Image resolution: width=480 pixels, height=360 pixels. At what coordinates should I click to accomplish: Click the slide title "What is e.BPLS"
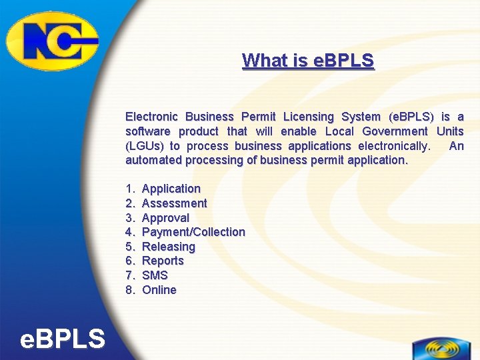tap(308, 61)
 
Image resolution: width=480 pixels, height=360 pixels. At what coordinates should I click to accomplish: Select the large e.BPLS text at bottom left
tap(63, 339)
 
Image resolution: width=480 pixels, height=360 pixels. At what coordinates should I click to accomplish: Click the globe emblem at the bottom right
tap(441, 349)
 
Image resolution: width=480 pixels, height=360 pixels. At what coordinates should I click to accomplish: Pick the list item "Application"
tap(171, 189)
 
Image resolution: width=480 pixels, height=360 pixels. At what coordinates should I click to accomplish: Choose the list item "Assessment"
tap(175, 203)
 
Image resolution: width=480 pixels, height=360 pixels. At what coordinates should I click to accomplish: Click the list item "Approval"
tap(166, 218)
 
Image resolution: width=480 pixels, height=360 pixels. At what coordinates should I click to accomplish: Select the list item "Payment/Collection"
tap(193, 232)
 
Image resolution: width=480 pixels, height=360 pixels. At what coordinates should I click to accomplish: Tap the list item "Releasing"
tap(169, 247)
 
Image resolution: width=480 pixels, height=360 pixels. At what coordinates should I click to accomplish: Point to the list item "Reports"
tap(163, 261)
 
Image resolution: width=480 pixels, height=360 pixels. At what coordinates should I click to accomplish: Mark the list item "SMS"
tap(155, 275)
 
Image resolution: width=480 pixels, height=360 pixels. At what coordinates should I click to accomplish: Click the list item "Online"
tap(159, 290)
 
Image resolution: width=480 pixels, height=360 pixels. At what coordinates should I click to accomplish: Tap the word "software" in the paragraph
tap(149, 131)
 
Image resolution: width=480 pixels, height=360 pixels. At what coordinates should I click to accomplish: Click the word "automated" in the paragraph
tap(153, 160)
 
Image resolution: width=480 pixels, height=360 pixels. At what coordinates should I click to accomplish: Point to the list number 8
tap(131, 290)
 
